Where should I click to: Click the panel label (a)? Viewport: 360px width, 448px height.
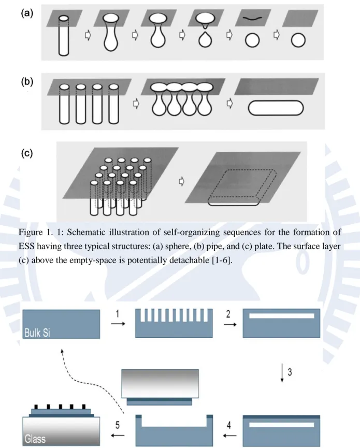coord(27,13)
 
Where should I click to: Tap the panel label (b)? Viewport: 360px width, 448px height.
coord(27,82)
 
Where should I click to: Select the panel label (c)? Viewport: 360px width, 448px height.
coord(27,153)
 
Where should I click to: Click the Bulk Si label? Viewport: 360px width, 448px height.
coord(37,333)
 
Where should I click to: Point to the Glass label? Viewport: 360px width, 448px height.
coord(35,439)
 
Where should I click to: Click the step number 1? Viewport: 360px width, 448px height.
coord(117,314)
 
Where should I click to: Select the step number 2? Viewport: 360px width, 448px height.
coord(228,314)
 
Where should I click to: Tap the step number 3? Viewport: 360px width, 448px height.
coord(290,372)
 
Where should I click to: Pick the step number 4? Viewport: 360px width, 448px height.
coord(228,425)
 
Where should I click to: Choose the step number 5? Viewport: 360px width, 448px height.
coord(118,425)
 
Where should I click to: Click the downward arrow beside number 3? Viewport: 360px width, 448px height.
coord(282,372)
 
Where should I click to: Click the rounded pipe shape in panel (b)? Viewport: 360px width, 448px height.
coord(276,108)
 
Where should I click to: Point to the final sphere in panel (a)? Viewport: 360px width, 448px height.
coord(298,40)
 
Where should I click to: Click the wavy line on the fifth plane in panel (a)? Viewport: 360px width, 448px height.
coord(252,18)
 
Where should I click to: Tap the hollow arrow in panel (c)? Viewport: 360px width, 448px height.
coord(181,181)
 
